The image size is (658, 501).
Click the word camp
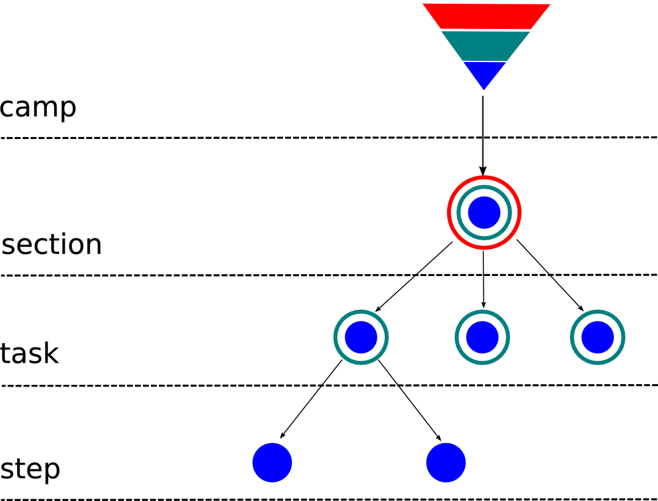click(x=38, y=108)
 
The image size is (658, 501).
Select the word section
click(x=52, y=245)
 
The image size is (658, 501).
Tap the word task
click(x=30, y=354)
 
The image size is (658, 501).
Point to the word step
click(x=30, y=470)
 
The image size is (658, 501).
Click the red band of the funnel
click(x=486, y=15)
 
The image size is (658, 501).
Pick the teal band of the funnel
click(x=485, y=45)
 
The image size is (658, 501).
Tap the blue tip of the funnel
click(x=484, y=73)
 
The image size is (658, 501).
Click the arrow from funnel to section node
click(x=483, y=135)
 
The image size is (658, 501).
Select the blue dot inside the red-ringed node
click(x=484, y=213)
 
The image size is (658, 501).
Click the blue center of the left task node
click(x=361, y=337)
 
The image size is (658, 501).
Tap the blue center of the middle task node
click(x=482, y=337)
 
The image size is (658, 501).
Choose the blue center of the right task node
click(x=597, y=337)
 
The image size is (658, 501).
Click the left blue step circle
click(x=272, y=462)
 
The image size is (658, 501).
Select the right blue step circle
click(x=446, y=462)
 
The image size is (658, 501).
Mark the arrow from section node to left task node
click(x=414, y=277)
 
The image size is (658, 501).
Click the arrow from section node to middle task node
click(x=483, y=280)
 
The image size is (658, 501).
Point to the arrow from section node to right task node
click(x=550, y=275)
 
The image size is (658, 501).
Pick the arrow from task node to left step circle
click(x=311, y=399)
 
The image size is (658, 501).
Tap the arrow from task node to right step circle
click(x=409, y=400)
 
